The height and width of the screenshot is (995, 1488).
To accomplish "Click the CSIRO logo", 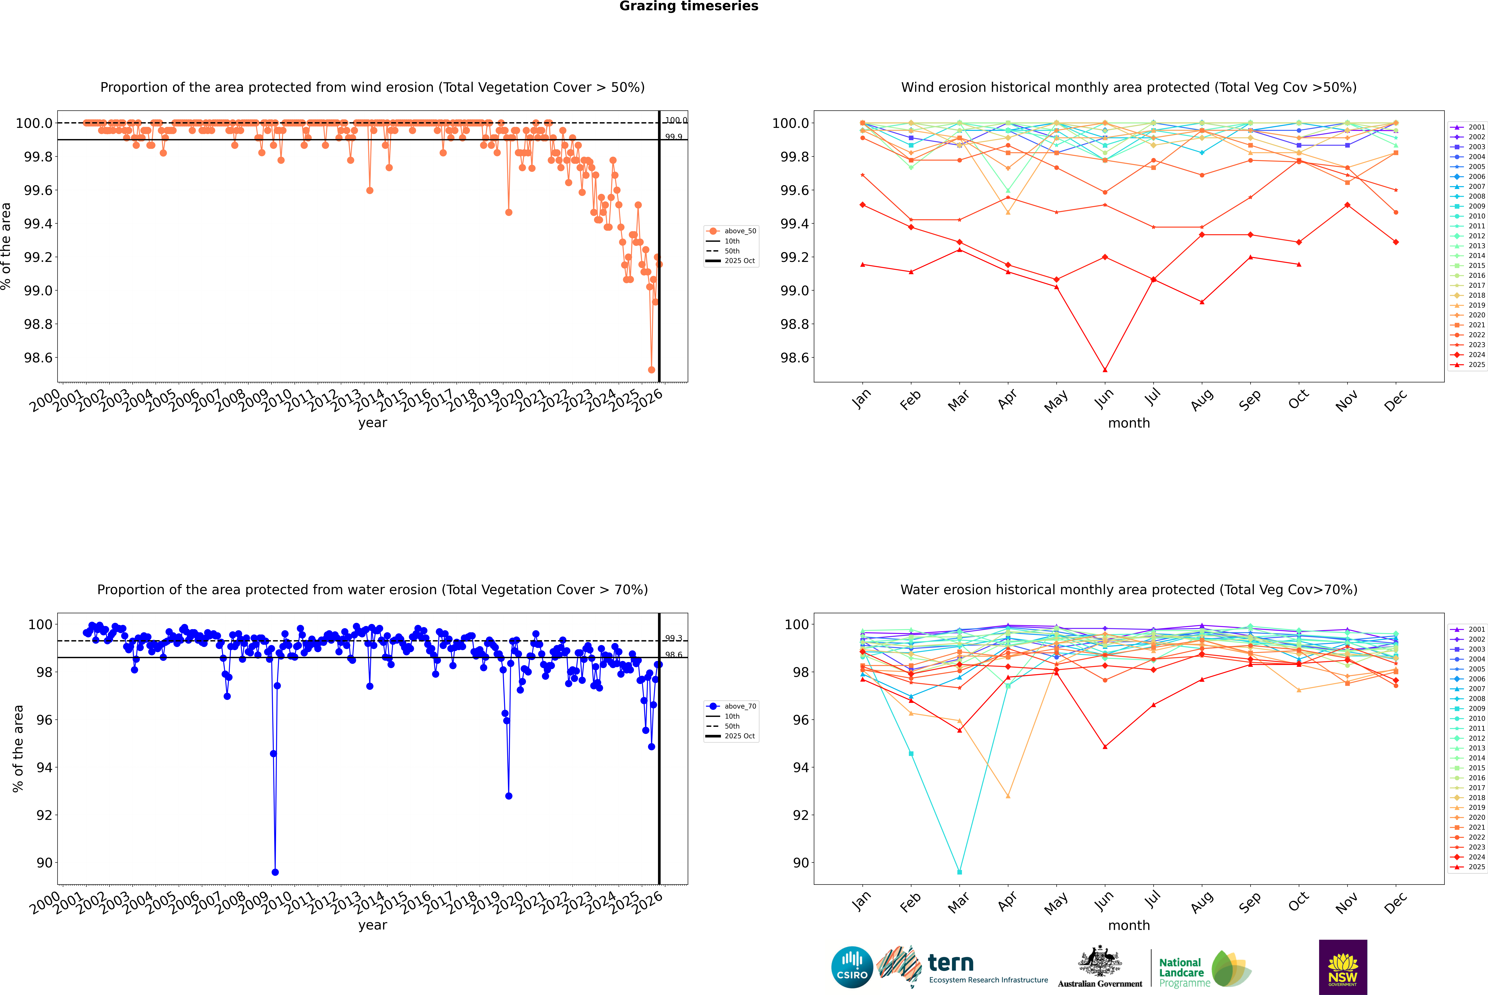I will pos(852,967).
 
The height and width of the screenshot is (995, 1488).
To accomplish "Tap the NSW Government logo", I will pos(1343,967).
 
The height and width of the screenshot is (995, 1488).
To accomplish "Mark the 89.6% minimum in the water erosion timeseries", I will pos(275,872).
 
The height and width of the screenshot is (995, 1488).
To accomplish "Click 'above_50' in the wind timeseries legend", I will pos(740,231).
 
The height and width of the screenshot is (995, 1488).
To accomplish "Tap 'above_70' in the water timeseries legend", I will pos(740,706).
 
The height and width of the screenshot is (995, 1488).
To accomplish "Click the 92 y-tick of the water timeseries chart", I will pos(44,815).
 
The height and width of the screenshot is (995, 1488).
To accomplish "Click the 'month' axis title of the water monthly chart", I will pos(1128,925).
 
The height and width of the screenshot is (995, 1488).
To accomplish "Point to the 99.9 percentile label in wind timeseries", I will pos(674,137).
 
